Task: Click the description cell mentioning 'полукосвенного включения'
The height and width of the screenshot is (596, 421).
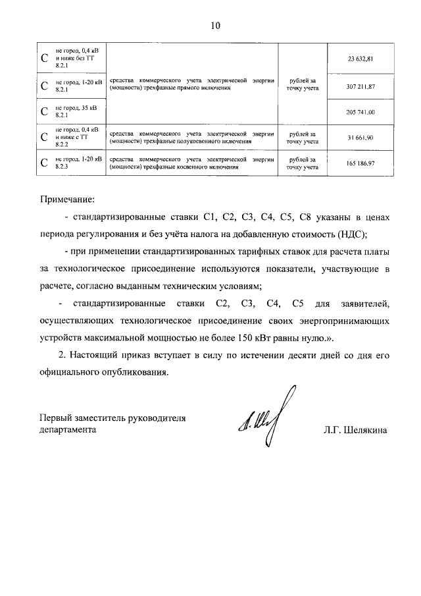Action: coord(191,137)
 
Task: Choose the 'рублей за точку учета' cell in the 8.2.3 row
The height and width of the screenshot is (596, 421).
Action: coord(302,163)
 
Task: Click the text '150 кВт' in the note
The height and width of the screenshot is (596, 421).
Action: coord(269,339)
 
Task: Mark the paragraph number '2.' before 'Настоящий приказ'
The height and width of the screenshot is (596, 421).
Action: coord(61,356)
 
